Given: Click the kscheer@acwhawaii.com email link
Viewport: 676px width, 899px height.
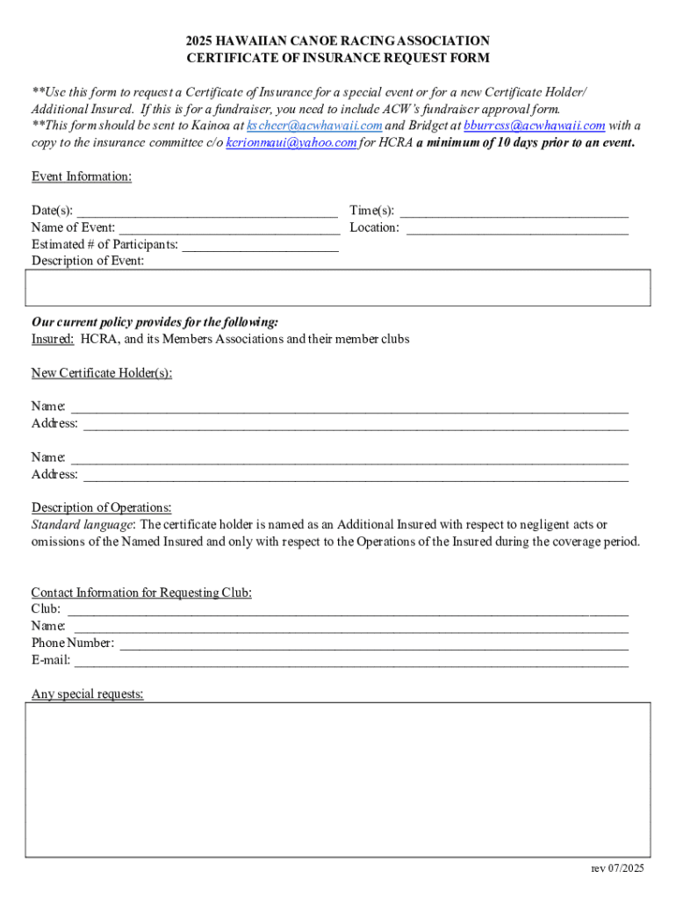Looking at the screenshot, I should (x=314, y=126).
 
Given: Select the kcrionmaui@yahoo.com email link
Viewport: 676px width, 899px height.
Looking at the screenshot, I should (x=291, y=142).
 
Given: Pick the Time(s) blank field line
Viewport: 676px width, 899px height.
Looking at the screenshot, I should (x=514, y=212).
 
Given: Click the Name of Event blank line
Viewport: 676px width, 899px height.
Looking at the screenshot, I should (x=229, y=228).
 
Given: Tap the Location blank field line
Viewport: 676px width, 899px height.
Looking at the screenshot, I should (x=517, y=228).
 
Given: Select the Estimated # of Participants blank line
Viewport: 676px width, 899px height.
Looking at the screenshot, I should (x=260, y=245).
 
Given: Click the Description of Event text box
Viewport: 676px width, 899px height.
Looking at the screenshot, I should (x=338, y=288).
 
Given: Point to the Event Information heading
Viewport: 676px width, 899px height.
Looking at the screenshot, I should (x=82, y=176).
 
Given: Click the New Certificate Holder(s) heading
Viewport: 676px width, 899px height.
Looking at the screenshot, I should (x=102, y=373).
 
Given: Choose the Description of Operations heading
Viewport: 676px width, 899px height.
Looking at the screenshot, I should (x=102, y=507).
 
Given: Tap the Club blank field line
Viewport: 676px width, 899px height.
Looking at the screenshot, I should (x=348, y=609).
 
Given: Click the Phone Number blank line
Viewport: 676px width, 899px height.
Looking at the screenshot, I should (x=374, y=644).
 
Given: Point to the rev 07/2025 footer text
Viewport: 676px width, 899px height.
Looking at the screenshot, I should (x=617, y=868).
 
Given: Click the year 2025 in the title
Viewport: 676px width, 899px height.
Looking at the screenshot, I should (x=199, y=41).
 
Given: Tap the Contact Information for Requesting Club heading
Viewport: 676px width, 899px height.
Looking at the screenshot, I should (x=141, y=593).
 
